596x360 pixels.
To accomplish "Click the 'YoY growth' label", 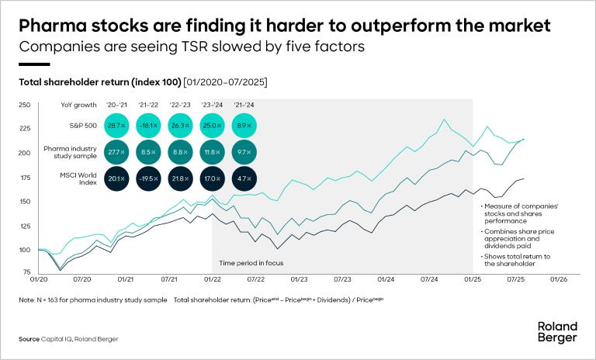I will point(78,104).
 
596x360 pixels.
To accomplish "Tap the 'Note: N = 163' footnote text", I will point(85,299).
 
